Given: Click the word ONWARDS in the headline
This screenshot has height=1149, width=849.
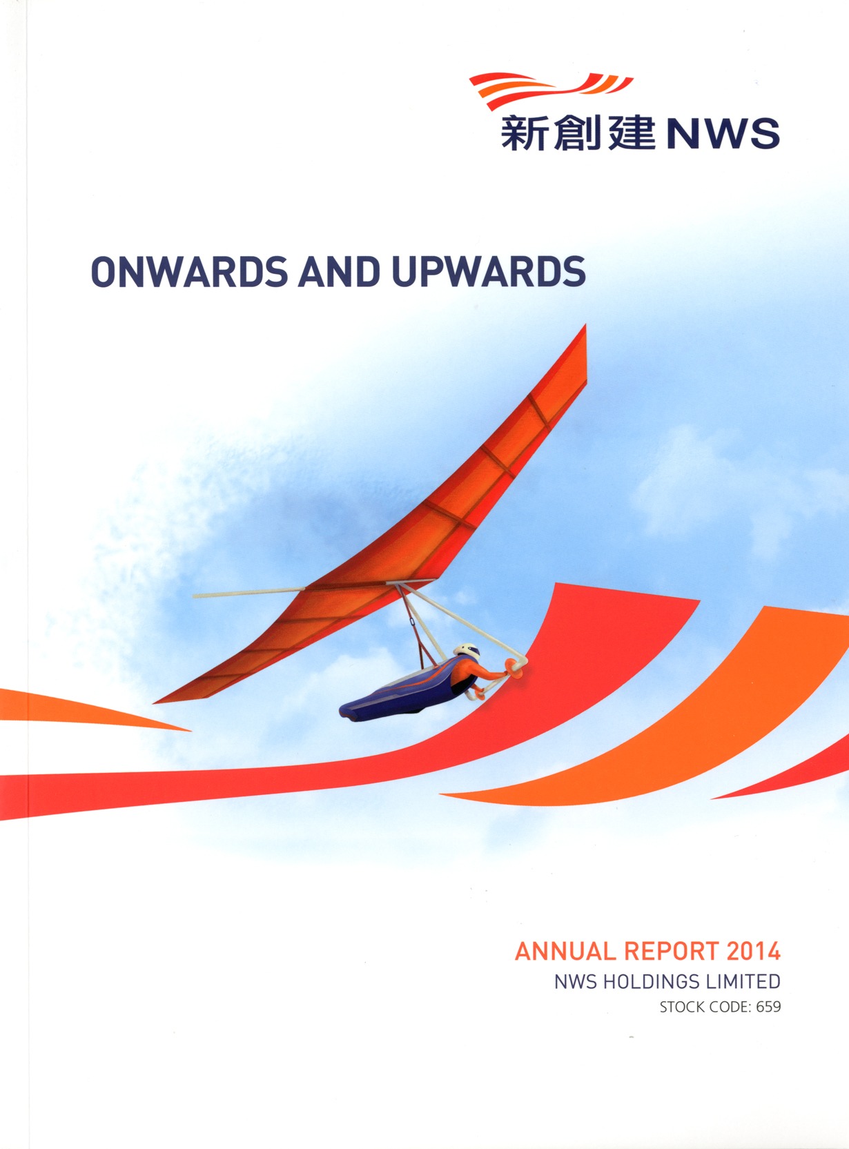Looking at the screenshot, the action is click(189, 271).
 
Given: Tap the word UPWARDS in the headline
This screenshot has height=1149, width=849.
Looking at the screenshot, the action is click(489, 271).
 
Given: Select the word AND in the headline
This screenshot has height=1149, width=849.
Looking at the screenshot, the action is click(339, 271).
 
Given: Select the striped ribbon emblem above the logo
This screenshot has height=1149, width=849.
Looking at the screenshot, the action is click(551, 89).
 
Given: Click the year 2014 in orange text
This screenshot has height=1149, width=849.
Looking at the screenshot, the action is click(754, 952).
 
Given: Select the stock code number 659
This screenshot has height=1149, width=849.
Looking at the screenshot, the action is click(768, 1008).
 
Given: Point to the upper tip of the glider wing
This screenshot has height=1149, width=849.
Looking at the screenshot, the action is click(585, 325).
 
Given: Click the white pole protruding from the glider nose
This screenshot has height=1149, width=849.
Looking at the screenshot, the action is click(248, 593).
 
